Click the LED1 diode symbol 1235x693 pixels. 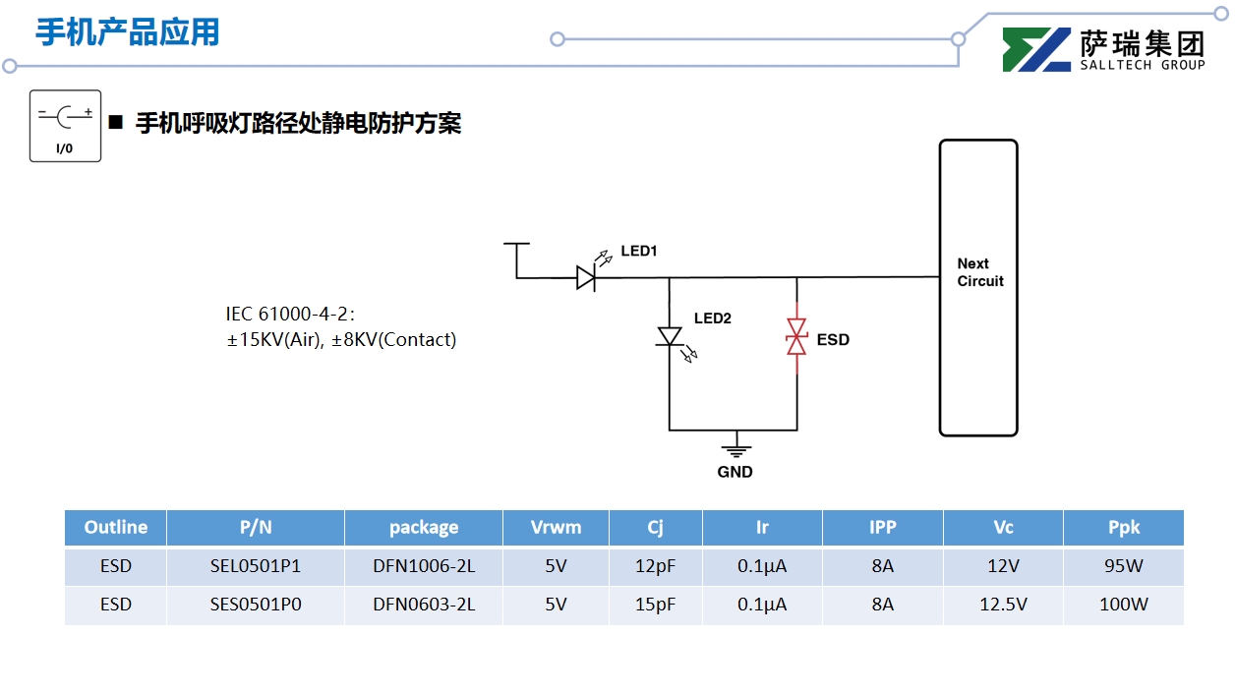click(x=586, y=278)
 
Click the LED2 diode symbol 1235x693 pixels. click(x=670, y=336)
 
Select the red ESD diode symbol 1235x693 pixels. click(x=796, y=337)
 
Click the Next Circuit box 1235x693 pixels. click(x=977, y=287)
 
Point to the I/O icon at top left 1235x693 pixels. click(x=65, y=126)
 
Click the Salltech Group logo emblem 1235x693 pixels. click(x=1036, y=50)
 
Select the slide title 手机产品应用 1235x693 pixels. click(x=128, y=32)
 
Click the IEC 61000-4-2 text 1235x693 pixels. click(x=289, y=315)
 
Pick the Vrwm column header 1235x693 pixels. click(x=556, y=528)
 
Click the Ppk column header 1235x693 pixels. click(x=1123, y=528)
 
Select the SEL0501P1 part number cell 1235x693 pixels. click(x=256, y=567)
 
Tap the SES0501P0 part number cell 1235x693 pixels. click(x=256, y=605)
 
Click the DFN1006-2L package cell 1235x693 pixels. click(x=424, y=567)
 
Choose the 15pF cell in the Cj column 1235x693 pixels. click(x=655, y=605)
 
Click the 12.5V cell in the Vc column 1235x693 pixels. click(x=1003, y=605)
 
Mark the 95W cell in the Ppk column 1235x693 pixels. click(x=1123, y=567)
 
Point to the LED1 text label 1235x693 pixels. click(x=638, y=252)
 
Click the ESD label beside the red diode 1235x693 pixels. click(x=833, y=340)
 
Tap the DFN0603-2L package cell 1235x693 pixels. click(x=424, y=605)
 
